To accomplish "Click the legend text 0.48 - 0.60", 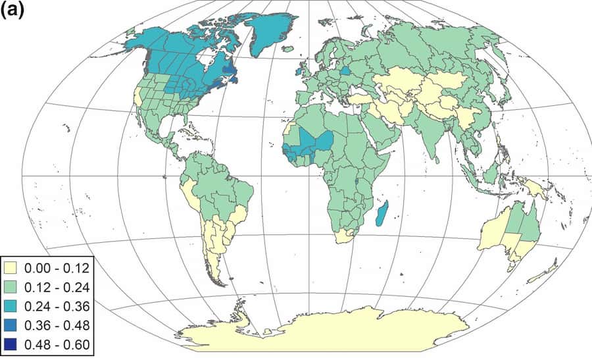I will coord(56,344).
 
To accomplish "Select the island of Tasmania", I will coord(511,267).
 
